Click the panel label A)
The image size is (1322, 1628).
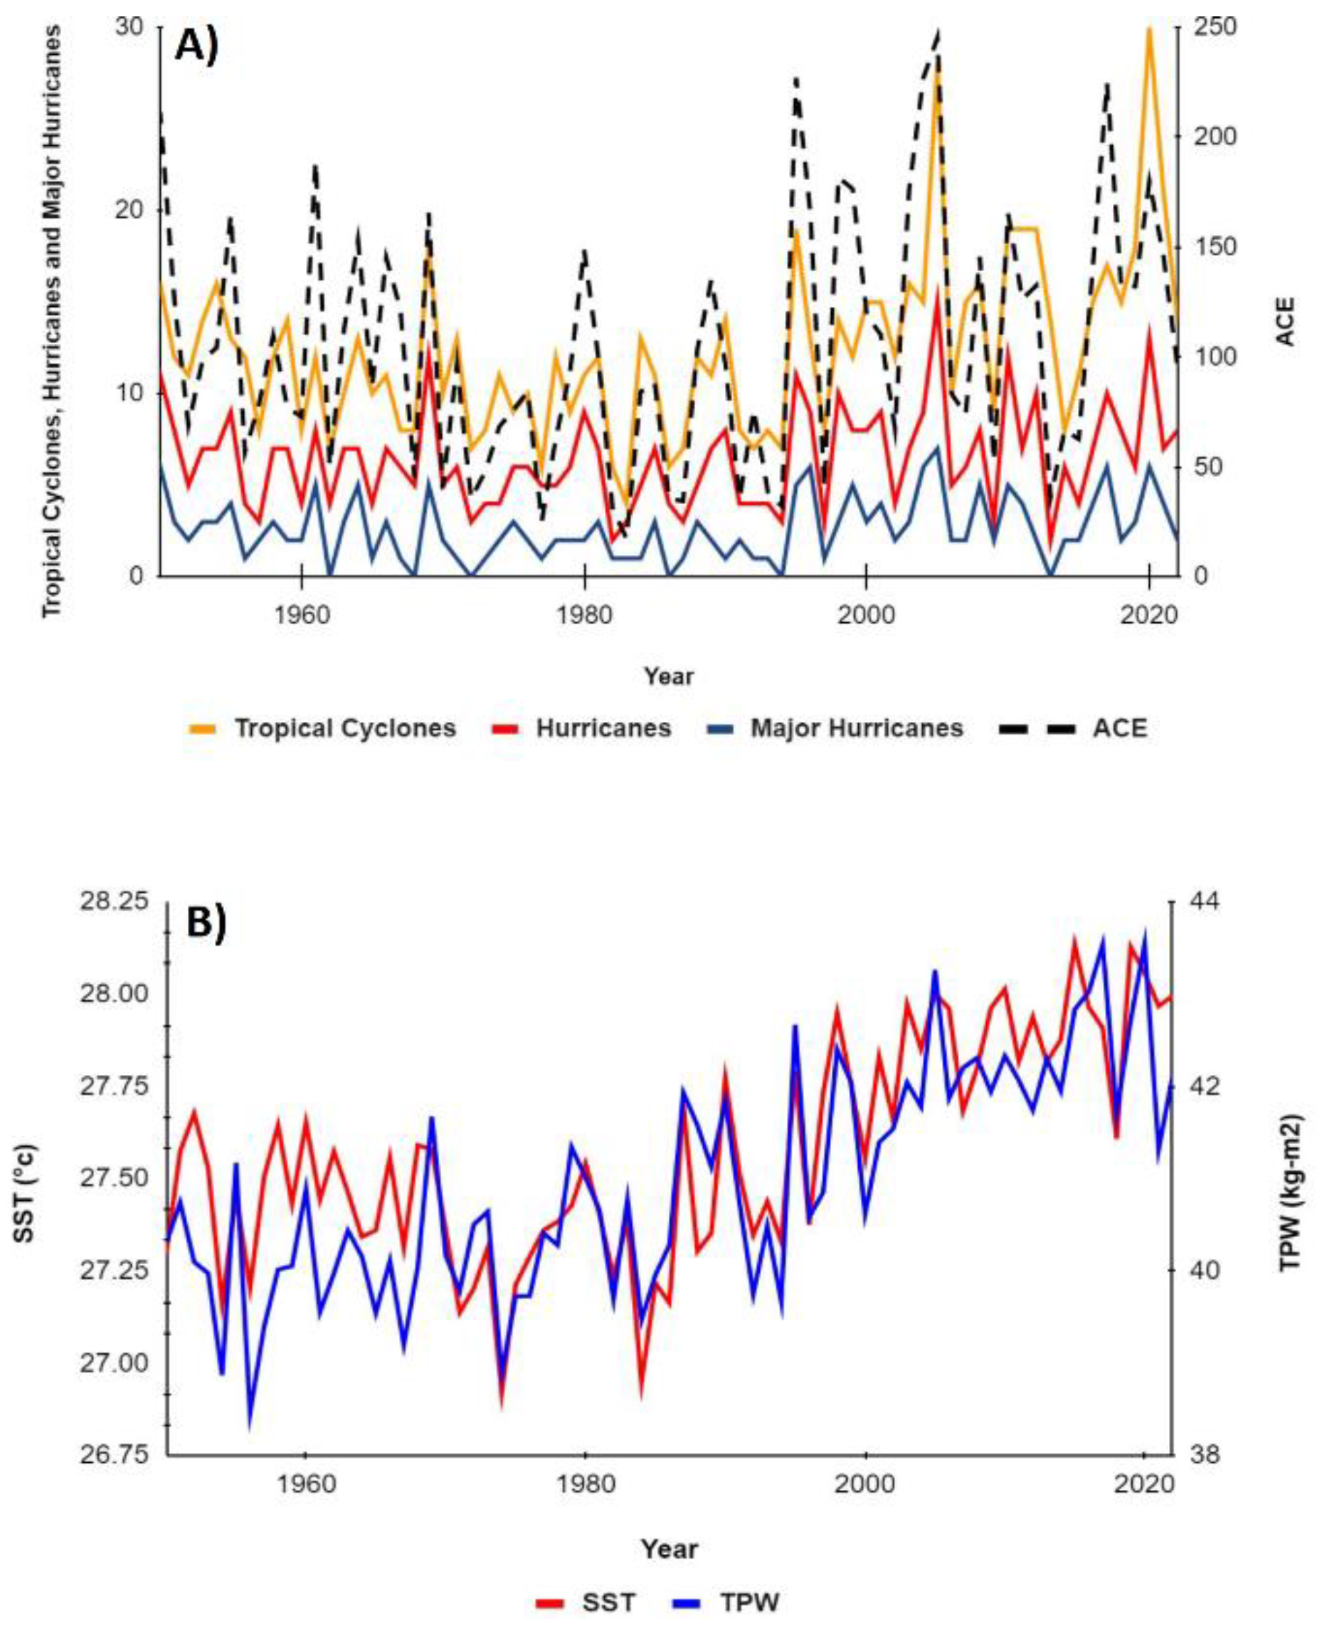[196, 47]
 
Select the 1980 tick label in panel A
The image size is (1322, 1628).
[584, 615]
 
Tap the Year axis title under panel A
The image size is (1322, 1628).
[669, 676]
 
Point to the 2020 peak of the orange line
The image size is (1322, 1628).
[1149, 29]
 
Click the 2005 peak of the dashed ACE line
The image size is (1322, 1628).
[938, 32]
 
